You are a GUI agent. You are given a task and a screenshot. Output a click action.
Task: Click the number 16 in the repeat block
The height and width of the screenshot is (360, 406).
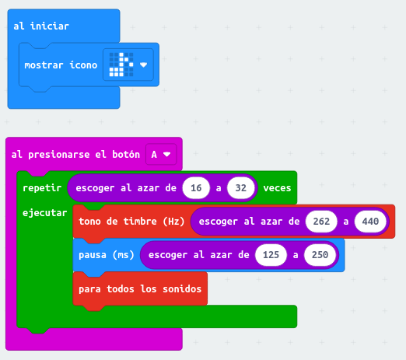click(196, 188)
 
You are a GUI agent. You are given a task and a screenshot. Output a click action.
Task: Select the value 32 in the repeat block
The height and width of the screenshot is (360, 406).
click(240, 188)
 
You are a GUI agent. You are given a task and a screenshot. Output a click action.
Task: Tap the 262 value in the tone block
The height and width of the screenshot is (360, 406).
click(321, 222)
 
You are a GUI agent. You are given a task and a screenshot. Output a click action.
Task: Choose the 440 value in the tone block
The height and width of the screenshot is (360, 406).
click(370, 222)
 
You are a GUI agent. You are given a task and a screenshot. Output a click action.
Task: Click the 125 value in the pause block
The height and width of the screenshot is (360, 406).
click(271, 255)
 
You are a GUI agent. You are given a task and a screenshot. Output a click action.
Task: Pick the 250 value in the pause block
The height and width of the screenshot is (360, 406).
click(320, 255)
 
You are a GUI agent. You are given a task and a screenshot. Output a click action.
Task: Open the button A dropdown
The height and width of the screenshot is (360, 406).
click(161, 155)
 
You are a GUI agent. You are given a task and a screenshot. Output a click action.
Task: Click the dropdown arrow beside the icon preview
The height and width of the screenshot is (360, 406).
click(143, 65)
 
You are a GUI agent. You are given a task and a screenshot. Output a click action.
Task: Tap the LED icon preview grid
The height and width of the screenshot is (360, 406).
click(121, 65)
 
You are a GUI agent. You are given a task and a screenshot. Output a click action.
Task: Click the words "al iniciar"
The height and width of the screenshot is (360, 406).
click(41, 26)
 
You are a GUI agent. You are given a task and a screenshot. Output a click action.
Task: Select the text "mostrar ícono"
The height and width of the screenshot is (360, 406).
click(61, 65)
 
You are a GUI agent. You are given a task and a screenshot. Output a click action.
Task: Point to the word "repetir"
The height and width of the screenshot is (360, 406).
click(42, 188)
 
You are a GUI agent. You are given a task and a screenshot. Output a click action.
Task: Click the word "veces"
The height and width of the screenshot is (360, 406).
click(277, 188)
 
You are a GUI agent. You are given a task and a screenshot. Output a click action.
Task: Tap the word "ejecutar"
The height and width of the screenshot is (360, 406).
click(45, 213)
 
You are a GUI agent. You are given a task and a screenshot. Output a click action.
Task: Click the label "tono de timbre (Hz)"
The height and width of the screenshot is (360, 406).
click(131, 222)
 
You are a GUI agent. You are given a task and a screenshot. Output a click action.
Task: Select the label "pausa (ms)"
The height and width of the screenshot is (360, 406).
click(107, 255)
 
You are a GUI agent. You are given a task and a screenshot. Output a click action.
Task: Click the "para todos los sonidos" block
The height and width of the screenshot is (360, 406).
click(140, 288)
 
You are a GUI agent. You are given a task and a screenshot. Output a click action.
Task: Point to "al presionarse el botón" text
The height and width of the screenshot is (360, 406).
click(75, 155)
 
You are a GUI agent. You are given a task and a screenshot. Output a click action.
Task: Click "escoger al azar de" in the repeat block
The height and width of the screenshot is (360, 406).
click(126, 188)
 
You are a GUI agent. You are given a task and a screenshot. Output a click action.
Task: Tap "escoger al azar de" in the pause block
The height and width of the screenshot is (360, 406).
click(199, 255)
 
